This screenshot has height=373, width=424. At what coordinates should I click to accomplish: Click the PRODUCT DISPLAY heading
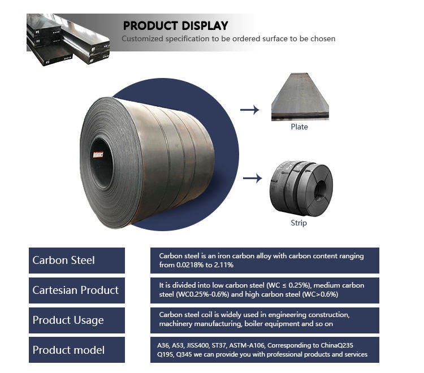175,25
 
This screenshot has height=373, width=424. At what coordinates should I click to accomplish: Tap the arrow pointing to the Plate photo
249,110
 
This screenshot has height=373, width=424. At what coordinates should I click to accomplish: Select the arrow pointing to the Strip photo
252,179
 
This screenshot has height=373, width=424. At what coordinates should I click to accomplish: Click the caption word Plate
299,127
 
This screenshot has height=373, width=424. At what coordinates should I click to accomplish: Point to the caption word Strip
298,223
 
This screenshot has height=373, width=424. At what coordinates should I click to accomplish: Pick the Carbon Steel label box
77,261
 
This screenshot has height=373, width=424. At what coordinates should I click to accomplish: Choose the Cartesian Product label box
77,290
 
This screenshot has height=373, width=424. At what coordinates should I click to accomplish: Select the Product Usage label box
77,320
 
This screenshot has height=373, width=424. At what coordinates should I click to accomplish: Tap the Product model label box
77,350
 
